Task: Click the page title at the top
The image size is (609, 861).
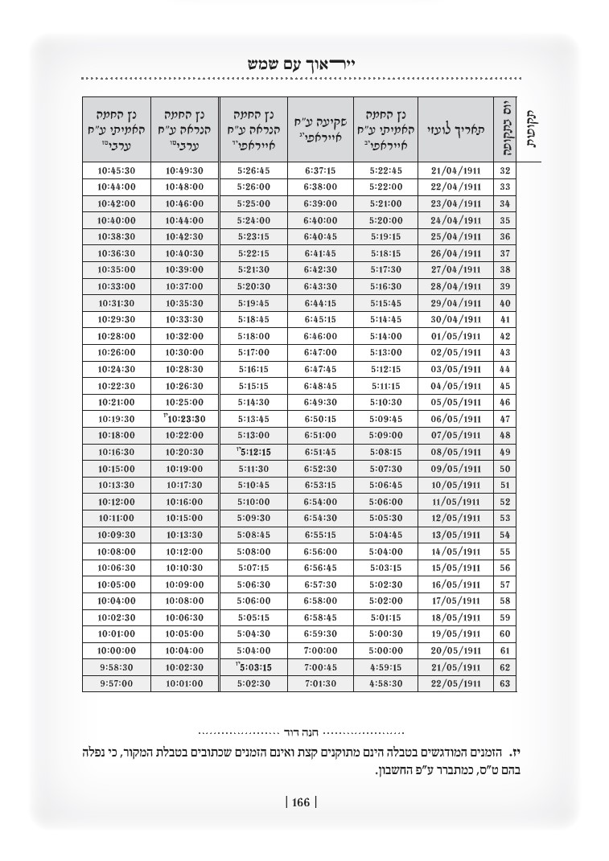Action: pyautogui.click(x=302, y=63)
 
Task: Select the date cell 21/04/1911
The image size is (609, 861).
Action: pyautogui.click(x=456, y=170)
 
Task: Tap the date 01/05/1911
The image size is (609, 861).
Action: pyautogui.click(x=456, y=336)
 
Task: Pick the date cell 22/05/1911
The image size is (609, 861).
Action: pyautogui.click(x=456, y=683)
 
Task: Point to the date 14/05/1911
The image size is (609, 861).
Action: pyautogui.click(x=456, y=551)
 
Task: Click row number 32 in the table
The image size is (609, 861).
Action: pyautogui.click(x=505, y=170)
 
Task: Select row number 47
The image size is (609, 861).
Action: pyautogui.click(x=505, y=419)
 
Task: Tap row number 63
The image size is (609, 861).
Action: pyautogui.click(x=505, y=683)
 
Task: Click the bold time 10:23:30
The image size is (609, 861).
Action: pyautogui.click(x=186, y=419)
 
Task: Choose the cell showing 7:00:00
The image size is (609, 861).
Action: pyautogui.click(x=321, y=650)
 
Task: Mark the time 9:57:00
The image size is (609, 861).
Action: pyautogui.click(x=116, y=683)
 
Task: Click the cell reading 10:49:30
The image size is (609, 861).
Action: pyautogui.click(x=184, y=170)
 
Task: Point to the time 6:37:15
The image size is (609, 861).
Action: pyautogui.click(x=321, y=170)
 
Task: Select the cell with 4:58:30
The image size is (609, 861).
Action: pyautogui.click(x=385, y=683)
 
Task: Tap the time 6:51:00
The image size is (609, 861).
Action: pyautogui.click(x=321, y=436)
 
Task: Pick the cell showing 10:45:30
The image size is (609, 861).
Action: pyautogui.click(x=116, y=170)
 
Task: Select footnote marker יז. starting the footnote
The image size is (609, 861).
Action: pyautogui.click(x=518, y=754)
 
